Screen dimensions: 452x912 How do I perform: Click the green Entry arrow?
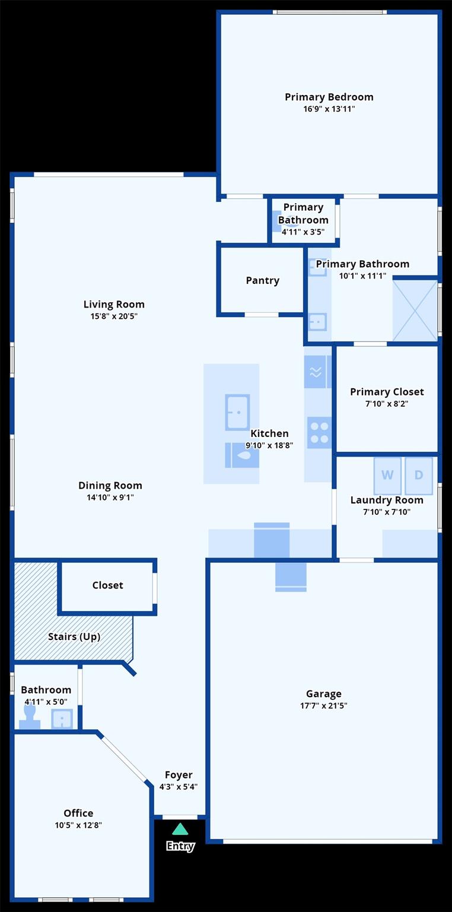click(180, 829)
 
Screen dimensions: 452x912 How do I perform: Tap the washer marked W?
click(387, 475)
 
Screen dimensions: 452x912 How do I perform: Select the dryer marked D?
click(419, 475)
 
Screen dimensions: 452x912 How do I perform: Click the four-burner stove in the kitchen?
click(319, 433)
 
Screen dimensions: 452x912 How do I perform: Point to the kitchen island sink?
click(237, 412)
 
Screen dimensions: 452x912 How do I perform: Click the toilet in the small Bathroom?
click(30, 717)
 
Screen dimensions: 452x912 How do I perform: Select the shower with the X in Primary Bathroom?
click(415, 311)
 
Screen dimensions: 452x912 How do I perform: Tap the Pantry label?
click(262, 280)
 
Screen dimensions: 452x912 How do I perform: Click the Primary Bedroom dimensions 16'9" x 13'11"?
click(329, 109)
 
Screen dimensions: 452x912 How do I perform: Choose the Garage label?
click(324, 693)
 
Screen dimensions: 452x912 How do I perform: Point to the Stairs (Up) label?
click(74, 636)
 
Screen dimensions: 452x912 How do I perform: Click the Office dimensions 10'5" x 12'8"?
click(78, 825)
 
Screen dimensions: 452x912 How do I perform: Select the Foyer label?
click(179, 775)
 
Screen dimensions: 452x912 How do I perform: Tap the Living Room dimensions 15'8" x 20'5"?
click(114, 316)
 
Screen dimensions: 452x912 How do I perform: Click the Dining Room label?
click(110, 485)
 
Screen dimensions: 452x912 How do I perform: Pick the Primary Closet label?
click(387, 392)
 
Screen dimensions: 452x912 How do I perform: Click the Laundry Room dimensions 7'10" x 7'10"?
click(387, 512)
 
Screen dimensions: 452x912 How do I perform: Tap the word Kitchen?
click(269, 433)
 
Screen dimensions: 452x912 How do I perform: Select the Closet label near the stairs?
click(107, 585)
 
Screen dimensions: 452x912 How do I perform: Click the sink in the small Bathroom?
click(62, 718)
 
